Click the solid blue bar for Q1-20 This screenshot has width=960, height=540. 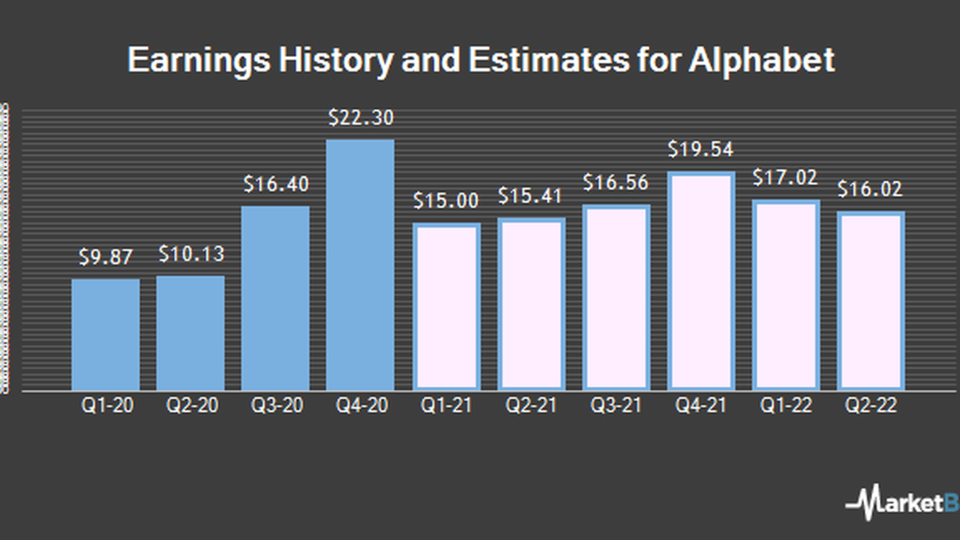[106, 334]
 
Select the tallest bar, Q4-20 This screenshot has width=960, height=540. [360, 265]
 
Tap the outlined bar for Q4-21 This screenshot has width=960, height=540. [700, 281]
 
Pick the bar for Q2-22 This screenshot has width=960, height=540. [871, 301]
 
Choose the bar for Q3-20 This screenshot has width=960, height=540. [275, 298]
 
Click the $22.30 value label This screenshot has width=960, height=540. [361, 118]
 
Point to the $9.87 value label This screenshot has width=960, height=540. [106, 258]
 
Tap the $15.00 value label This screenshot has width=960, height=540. [445, 202]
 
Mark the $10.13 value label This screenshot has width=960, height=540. [190, 254]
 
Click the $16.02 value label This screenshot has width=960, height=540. [871, 189]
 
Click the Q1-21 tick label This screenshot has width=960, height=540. [445, 406]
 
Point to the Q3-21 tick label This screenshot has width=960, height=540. [616, 406]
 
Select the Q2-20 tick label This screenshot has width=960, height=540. [190, 406]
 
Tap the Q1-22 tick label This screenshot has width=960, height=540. [786, 406]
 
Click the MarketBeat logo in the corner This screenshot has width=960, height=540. [904, 502]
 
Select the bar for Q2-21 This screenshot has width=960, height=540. [531, 304]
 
